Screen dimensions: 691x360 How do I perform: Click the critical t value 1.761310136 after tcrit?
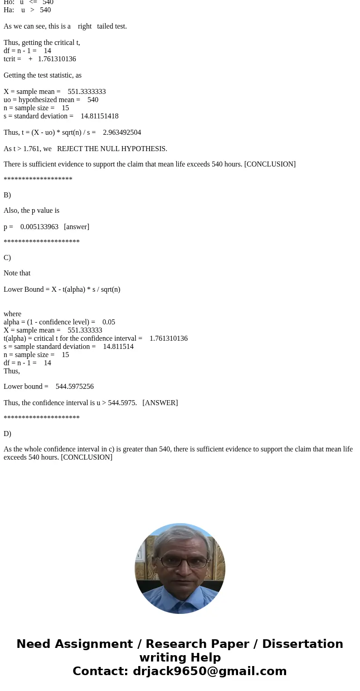point(57,59)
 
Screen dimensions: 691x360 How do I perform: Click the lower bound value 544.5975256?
point(74,387)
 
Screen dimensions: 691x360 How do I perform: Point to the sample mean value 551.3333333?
point(87,92)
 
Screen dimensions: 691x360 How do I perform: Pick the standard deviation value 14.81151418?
point(99,116)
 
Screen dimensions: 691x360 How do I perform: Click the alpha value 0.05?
point(108,322)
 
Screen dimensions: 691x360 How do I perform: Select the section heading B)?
point(7,195)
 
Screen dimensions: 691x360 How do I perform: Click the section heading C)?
point(7,258)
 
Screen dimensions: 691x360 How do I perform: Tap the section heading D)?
point(7,434)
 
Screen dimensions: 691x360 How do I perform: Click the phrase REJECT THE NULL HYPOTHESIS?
point(112,149)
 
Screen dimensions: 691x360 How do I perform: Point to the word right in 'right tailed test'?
point(84,26)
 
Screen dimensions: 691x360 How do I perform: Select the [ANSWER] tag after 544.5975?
point(160,403)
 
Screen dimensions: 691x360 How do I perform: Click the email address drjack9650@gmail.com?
point(209,671)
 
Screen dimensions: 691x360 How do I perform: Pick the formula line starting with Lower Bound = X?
point(62,289)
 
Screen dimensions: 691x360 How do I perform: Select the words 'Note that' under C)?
point(17,273)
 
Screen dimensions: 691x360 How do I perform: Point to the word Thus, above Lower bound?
point(12,371)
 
